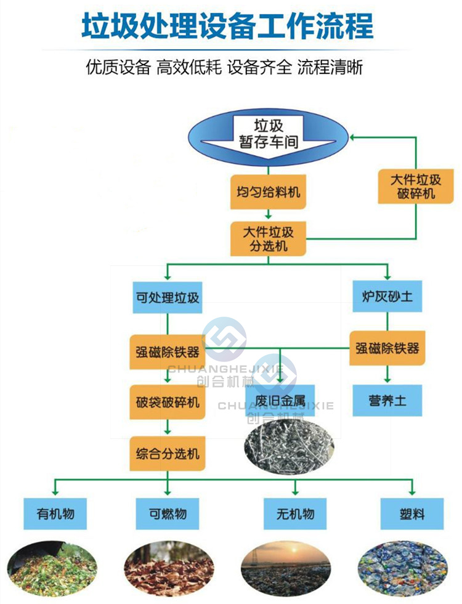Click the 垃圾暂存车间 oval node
[x=268, y=135]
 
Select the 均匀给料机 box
[x=268, y=192]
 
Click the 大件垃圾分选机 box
[x=268, y=240]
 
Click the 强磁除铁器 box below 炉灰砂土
[x=387, y=348]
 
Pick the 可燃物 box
[x=167, y=513]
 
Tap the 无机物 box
[x=296, y=513]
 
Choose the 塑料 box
[x=411, y=513]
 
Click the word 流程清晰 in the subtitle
[x=330, y=67]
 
